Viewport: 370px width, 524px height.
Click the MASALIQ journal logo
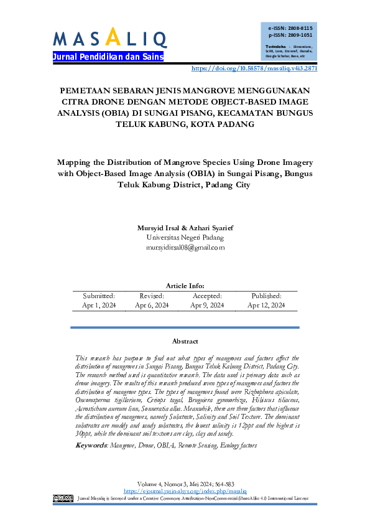click(109, 39)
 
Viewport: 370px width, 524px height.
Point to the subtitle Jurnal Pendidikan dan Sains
click(109, 57)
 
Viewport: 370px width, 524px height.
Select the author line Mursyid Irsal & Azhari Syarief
click(185, 228)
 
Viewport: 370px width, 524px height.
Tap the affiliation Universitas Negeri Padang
click(185, 237)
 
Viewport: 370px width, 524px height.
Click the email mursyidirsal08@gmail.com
click(185, 247)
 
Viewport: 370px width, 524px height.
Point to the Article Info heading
click(185, 286)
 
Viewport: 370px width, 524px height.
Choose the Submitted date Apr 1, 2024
click(99, 306)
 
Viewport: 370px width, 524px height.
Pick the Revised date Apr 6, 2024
click(152, 306)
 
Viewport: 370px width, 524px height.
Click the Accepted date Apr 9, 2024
click(208, 306)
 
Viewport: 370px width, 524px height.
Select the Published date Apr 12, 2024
click(266, 306)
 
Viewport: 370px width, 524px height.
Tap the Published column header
click(266, 296)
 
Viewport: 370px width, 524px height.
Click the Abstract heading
click(185, 341)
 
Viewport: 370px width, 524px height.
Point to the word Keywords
click(91, 428)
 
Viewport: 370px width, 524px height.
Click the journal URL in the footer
click(185, 492)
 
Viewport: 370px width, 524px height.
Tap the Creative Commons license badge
click(63, 498)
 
